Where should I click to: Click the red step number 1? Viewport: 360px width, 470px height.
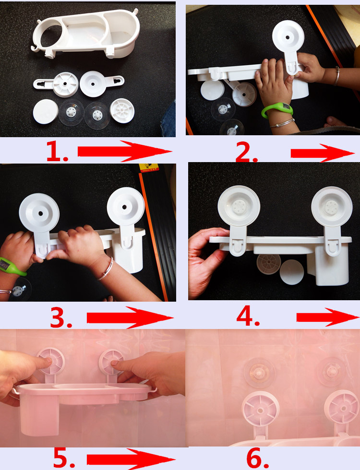tap(57, 152)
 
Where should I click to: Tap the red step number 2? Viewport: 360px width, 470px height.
tap(247, 152)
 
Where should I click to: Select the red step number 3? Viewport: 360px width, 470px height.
tap(61, 317)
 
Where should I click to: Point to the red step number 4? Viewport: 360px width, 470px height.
tap(248, 317)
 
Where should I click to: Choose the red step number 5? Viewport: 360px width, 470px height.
tap(64, 458)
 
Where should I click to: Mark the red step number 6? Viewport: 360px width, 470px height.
tap(257, 458)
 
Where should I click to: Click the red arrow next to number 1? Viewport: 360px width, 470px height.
tap(124, 151)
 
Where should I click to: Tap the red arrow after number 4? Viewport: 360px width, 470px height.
tap(327, 317)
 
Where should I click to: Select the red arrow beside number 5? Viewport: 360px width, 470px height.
tap(131, 459)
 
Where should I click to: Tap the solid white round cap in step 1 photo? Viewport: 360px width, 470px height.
tap(45, 111)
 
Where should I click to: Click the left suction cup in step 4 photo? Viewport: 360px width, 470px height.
tap(239, 206)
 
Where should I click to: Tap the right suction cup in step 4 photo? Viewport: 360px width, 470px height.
tap(332, 207)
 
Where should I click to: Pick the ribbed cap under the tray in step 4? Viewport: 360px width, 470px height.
tap(269, 264)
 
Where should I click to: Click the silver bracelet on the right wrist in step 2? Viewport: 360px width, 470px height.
tap(337, 76)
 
